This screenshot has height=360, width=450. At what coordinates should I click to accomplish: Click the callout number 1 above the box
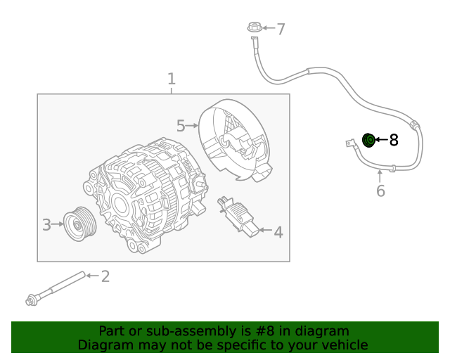[171, 79]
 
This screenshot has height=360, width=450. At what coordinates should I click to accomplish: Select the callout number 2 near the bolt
[105, 276]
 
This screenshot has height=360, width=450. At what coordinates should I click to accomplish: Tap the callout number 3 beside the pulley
[46, 225]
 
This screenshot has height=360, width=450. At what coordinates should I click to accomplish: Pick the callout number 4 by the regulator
[278, 231]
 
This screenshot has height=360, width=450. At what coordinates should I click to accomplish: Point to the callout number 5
[181, 126]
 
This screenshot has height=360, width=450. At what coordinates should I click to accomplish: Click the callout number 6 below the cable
[380, 191]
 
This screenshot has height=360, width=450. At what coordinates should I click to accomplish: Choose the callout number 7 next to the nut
[281, 30]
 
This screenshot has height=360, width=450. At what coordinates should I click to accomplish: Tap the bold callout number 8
[394, 141]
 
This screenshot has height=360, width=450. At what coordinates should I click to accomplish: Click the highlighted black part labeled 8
[368, 140]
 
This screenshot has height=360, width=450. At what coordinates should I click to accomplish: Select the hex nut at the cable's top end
[255, 28]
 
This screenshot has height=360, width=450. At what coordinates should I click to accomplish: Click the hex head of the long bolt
[31, 301]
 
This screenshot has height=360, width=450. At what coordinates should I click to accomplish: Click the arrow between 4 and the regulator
[264, 230]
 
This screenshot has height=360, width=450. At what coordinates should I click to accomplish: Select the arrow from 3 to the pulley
[57, 225]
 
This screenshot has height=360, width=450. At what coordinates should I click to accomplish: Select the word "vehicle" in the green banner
[342, 345]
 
